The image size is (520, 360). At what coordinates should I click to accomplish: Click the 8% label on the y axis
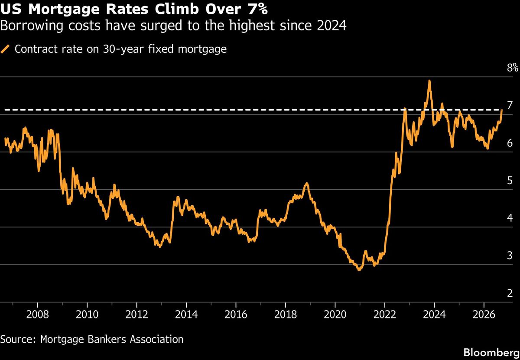pos(512,68)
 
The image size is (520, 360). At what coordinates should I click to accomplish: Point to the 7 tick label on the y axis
pos(510,105)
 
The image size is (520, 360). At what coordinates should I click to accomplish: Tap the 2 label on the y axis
pos(510,293)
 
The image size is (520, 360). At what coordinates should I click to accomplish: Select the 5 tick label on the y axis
pos(510,181)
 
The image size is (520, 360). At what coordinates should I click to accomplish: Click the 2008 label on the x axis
pos(38,315)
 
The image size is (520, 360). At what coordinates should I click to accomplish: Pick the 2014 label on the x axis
pos(186,315)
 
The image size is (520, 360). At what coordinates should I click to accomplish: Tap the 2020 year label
pos(335,315)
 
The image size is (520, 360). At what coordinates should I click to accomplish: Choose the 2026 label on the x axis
pos(484,315)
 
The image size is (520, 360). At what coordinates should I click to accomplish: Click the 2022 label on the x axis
pos(385,315)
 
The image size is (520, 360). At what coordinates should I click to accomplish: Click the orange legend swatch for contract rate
pos(5,49)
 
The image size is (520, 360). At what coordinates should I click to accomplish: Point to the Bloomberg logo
pos(491,352)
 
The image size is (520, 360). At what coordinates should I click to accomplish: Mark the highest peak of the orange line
pos(429,81)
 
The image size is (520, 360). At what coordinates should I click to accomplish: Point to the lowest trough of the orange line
pos(359,270)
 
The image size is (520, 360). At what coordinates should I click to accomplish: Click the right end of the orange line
pos(502,110)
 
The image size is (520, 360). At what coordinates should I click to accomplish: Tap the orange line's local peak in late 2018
pos(307,183)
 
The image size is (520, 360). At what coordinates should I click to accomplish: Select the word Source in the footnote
pos(16,339)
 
